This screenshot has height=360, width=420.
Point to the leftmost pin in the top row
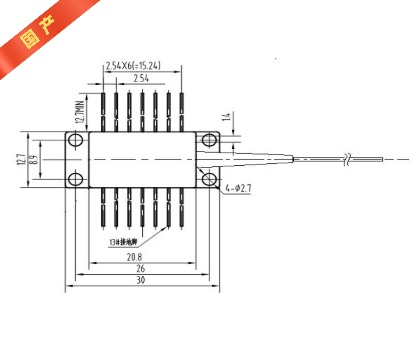(x=104, y=110)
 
